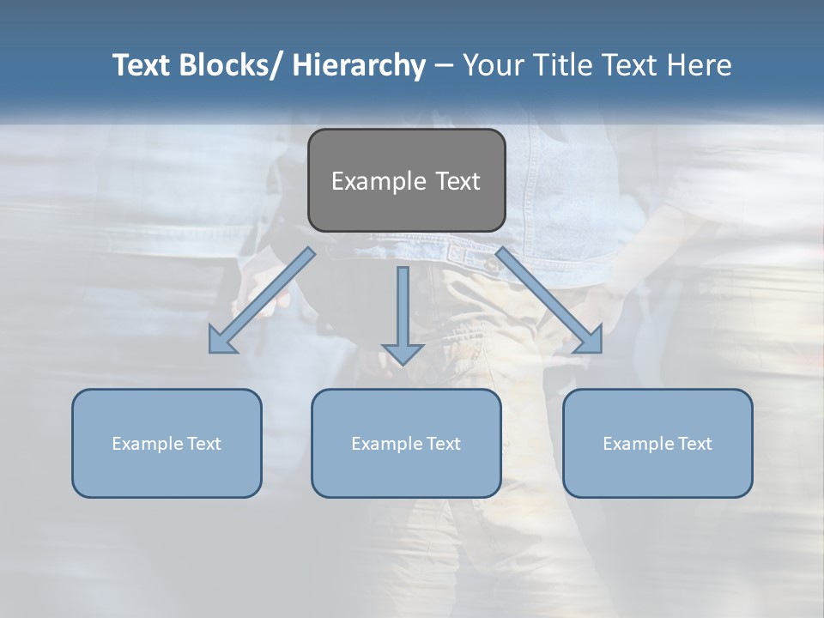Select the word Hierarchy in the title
359,65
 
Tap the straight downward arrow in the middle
403,314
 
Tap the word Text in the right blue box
694,444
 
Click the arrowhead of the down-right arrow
591,341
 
